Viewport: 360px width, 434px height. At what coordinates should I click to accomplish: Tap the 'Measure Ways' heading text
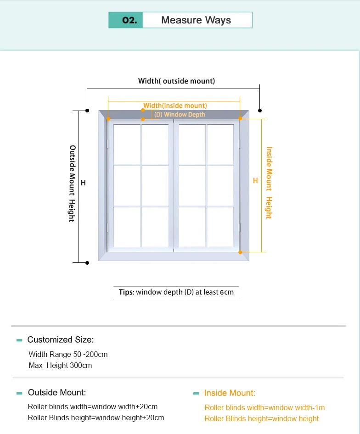click(x=196, y=20)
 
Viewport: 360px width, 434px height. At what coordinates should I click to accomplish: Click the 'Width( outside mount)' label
click(x=176, y=81)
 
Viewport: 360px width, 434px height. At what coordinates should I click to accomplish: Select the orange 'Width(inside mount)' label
click(x=175, y=106)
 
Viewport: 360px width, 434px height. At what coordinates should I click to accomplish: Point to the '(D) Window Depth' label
click(x=180, y=114)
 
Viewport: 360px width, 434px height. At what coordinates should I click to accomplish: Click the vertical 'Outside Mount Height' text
click(x=72, y=184)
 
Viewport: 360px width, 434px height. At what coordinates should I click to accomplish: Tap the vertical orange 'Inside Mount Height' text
click(x=269, y=183)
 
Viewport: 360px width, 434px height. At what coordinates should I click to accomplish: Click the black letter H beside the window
click(x=83, y=183)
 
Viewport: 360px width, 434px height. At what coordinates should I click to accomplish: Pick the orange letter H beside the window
click(x=256, y=181)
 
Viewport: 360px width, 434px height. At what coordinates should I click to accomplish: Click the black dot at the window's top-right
click(x=260, y=110)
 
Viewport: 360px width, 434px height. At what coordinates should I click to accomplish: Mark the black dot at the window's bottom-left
click(x=87, y=262)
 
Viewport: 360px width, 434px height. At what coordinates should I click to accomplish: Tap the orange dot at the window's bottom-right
click(x=240, y=252)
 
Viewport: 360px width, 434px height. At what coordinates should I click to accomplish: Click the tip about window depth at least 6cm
click(x=176, y=292)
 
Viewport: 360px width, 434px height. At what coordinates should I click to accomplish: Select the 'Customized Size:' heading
click(x=60, y=340)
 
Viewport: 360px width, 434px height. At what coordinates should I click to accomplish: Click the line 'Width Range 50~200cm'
click(x=68, y=354)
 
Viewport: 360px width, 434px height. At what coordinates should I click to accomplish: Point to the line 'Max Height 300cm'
click(x=60, y=366)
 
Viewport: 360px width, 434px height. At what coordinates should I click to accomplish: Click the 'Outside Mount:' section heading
click(x=56, y=393)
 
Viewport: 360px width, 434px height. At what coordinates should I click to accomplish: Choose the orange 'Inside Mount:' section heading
click(x=230, y=393)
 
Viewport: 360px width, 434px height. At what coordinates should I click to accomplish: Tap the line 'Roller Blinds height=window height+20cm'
click(x=96, y=417)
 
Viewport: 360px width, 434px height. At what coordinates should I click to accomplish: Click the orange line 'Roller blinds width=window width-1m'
click(x=264, y=407)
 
